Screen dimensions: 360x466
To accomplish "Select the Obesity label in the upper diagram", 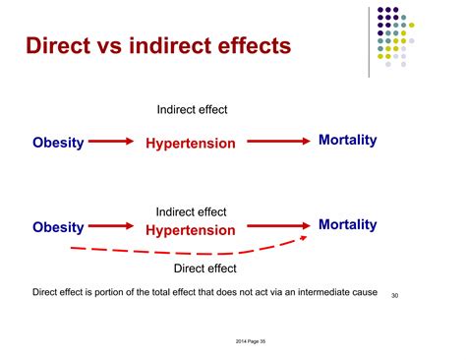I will coord(58,142).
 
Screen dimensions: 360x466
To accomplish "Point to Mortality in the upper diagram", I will coord(347,141).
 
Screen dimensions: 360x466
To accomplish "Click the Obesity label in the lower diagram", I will coord(58,227).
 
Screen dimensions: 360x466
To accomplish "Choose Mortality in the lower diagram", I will coord(347,225).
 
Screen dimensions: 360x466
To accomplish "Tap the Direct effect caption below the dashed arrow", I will coord(204,268).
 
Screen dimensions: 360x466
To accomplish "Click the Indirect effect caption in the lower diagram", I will coord(191,211).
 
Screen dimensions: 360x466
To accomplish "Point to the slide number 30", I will coord(396,295).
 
